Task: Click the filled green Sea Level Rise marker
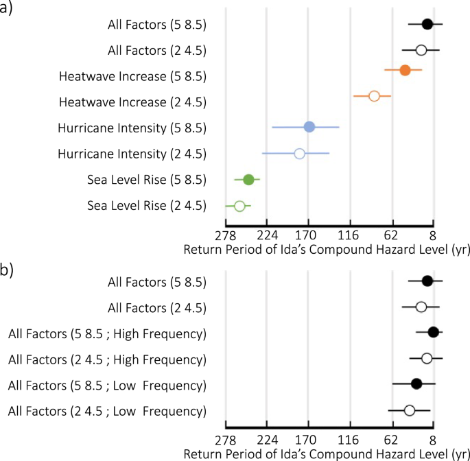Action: click(248, 180)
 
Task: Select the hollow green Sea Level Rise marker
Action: click(239, 206)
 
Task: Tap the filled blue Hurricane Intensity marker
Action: click(309, 127)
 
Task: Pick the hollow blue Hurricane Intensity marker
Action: click(300, 154)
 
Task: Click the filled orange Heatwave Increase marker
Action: click(405, 70)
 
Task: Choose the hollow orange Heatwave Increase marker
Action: click(374, 96)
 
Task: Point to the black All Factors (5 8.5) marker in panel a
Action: click(427, 25)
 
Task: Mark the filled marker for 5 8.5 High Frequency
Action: click(433, 333)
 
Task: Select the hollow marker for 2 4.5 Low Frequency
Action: click(410, 410)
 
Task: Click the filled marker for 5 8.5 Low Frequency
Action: click(416, 384)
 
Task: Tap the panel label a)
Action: click(8, 9)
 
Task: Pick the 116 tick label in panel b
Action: click(349, 440)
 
